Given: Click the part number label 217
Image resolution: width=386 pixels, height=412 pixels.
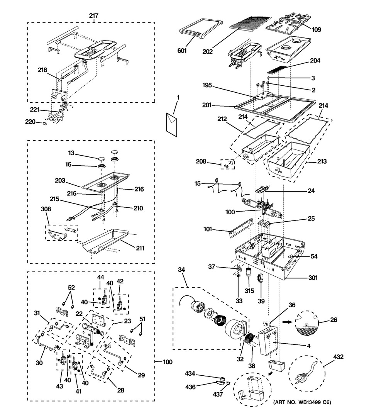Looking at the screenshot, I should pos(94,16).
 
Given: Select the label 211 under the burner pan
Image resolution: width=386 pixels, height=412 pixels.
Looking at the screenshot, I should pos(140,248).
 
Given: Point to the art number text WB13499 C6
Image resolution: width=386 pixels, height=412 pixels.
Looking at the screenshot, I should pos(302,402).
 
